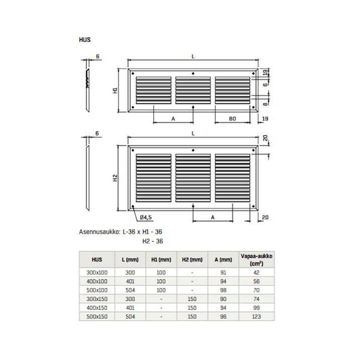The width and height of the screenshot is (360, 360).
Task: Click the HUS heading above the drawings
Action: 85,39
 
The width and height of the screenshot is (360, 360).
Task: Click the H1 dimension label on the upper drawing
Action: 115,91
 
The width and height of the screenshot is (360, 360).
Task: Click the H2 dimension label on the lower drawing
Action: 115,178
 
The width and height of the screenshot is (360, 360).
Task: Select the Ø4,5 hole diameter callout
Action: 146,217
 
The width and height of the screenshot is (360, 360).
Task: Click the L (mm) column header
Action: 130,260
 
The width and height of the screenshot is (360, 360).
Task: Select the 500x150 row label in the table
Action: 97,316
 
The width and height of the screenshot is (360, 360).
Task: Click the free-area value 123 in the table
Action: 257,316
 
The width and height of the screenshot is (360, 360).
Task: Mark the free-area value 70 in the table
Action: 257,291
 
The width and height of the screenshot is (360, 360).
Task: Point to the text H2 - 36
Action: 153,241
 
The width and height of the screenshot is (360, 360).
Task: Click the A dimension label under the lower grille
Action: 213,217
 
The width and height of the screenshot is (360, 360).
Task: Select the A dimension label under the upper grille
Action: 173,118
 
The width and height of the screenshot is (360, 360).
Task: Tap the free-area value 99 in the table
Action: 257,308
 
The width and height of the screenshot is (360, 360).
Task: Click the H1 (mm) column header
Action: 161,260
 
